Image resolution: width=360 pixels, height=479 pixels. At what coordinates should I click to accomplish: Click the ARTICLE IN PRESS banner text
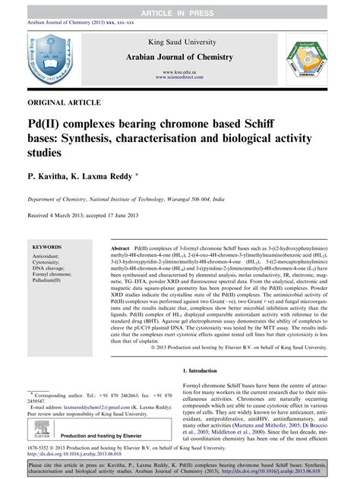(x=180, y=6)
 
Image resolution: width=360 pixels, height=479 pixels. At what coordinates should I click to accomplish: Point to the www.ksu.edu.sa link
(x=180, y=71)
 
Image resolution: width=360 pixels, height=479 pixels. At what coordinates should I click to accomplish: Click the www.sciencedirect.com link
(x=180, y=77)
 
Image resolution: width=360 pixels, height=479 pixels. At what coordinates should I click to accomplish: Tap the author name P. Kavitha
(x=51, y=175)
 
